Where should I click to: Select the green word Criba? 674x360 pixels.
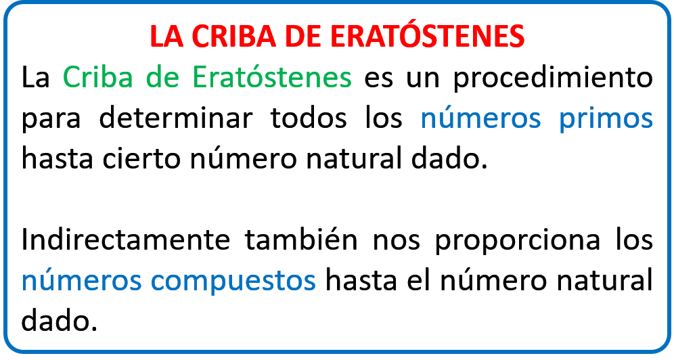(x=97, y=77)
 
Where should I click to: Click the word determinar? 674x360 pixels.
(x=175, y=118)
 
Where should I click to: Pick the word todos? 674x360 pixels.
(x=308, y=118)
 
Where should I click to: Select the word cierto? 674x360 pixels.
(x=141, y=158)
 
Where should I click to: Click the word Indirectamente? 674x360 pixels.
(x=125, y=240)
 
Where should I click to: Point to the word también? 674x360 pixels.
(x=301, y=240)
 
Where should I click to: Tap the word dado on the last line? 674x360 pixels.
(x=60, y=321)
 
